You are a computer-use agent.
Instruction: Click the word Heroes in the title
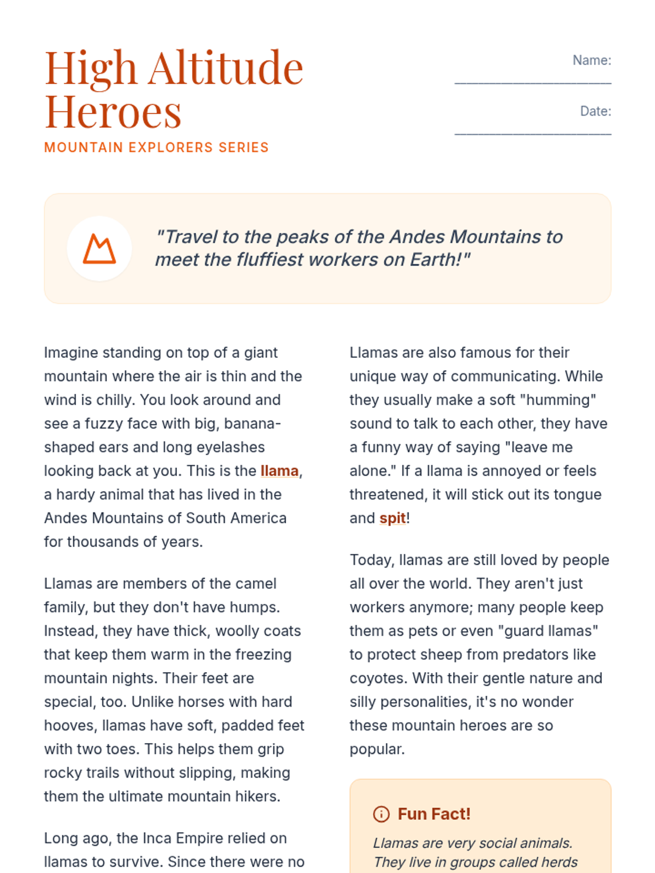[x=112, y=112]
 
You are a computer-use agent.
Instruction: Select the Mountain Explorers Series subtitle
[x=156, y=147]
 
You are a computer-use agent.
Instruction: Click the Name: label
[x=592, y=60]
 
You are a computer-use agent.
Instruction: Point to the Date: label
[x=596, y=111]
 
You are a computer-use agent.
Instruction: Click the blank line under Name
[x=533, y=82]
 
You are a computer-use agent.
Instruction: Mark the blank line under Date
[x=533, y=133]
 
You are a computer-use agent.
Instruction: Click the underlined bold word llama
[x=279, y=471]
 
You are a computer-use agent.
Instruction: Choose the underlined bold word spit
[x=392, y=518]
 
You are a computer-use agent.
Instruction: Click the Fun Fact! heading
[x=434, y=814]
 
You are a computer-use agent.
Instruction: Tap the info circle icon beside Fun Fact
[x=381, y=814]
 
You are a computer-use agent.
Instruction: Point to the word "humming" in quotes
[x=558, y=400]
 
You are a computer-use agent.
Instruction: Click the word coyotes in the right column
[x=379, y=678]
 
